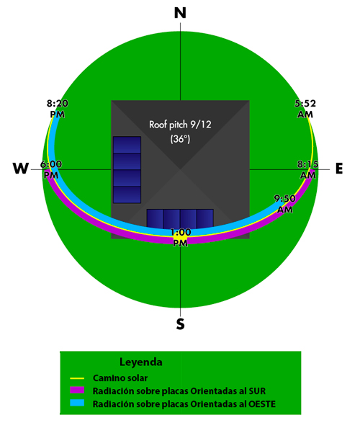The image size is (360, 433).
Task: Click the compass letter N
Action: point(180,13)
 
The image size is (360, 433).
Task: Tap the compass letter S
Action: point(180,324)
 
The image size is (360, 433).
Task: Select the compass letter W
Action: point(21,168)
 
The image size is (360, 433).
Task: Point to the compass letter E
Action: point(339,169)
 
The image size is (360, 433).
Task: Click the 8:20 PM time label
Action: point(57,109)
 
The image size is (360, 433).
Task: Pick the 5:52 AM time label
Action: point(305,109)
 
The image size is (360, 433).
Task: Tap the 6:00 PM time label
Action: point(51,169)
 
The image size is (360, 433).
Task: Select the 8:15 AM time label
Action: point(308,169)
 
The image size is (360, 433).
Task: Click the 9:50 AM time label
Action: point(284,204)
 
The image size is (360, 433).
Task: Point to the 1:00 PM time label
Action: point(180,237)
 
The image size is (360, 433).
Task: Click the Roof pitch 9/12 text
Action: point(180,125)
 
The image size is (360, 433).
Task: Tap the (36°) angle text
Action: point(180,138)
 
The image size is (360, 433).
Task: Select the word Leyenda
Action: point(141,362)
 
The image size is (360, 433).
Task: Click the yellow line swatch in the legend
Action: point(77,378)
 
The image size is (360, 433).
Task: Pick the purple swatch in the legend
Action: point(77,390)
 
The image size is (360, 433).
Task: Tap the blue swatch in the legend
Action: point(77,403)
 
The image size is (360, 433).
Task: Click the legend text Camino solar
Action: point(120,378)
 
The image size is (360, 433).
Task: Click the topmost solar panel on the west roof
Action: point(127,145)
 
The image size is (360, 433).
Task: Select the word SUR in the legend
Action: point(257,391)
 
